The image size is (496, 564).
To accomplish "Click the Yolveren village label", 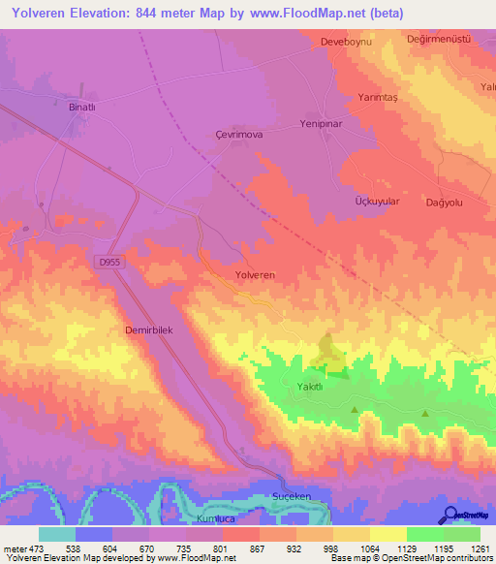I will click(255, 275).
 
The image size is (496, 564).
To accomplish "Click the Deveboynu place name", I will click(346, 44).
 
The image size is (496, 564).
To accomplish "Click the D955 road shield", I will click(108, 262).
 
